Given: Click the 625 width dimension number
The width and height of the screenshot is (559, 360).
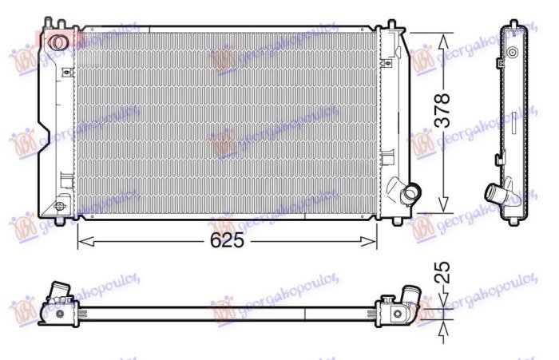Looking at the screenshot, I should point(227,240).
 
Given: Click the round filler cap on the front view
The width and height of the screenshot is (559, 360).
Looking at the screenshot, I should point(57,42).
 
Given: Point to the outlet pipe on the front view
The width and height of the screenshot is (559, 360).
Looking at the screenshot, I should point(410,193).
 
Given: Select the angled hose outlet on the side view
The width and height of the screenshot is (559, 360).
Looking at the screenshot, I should point(495,194).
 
